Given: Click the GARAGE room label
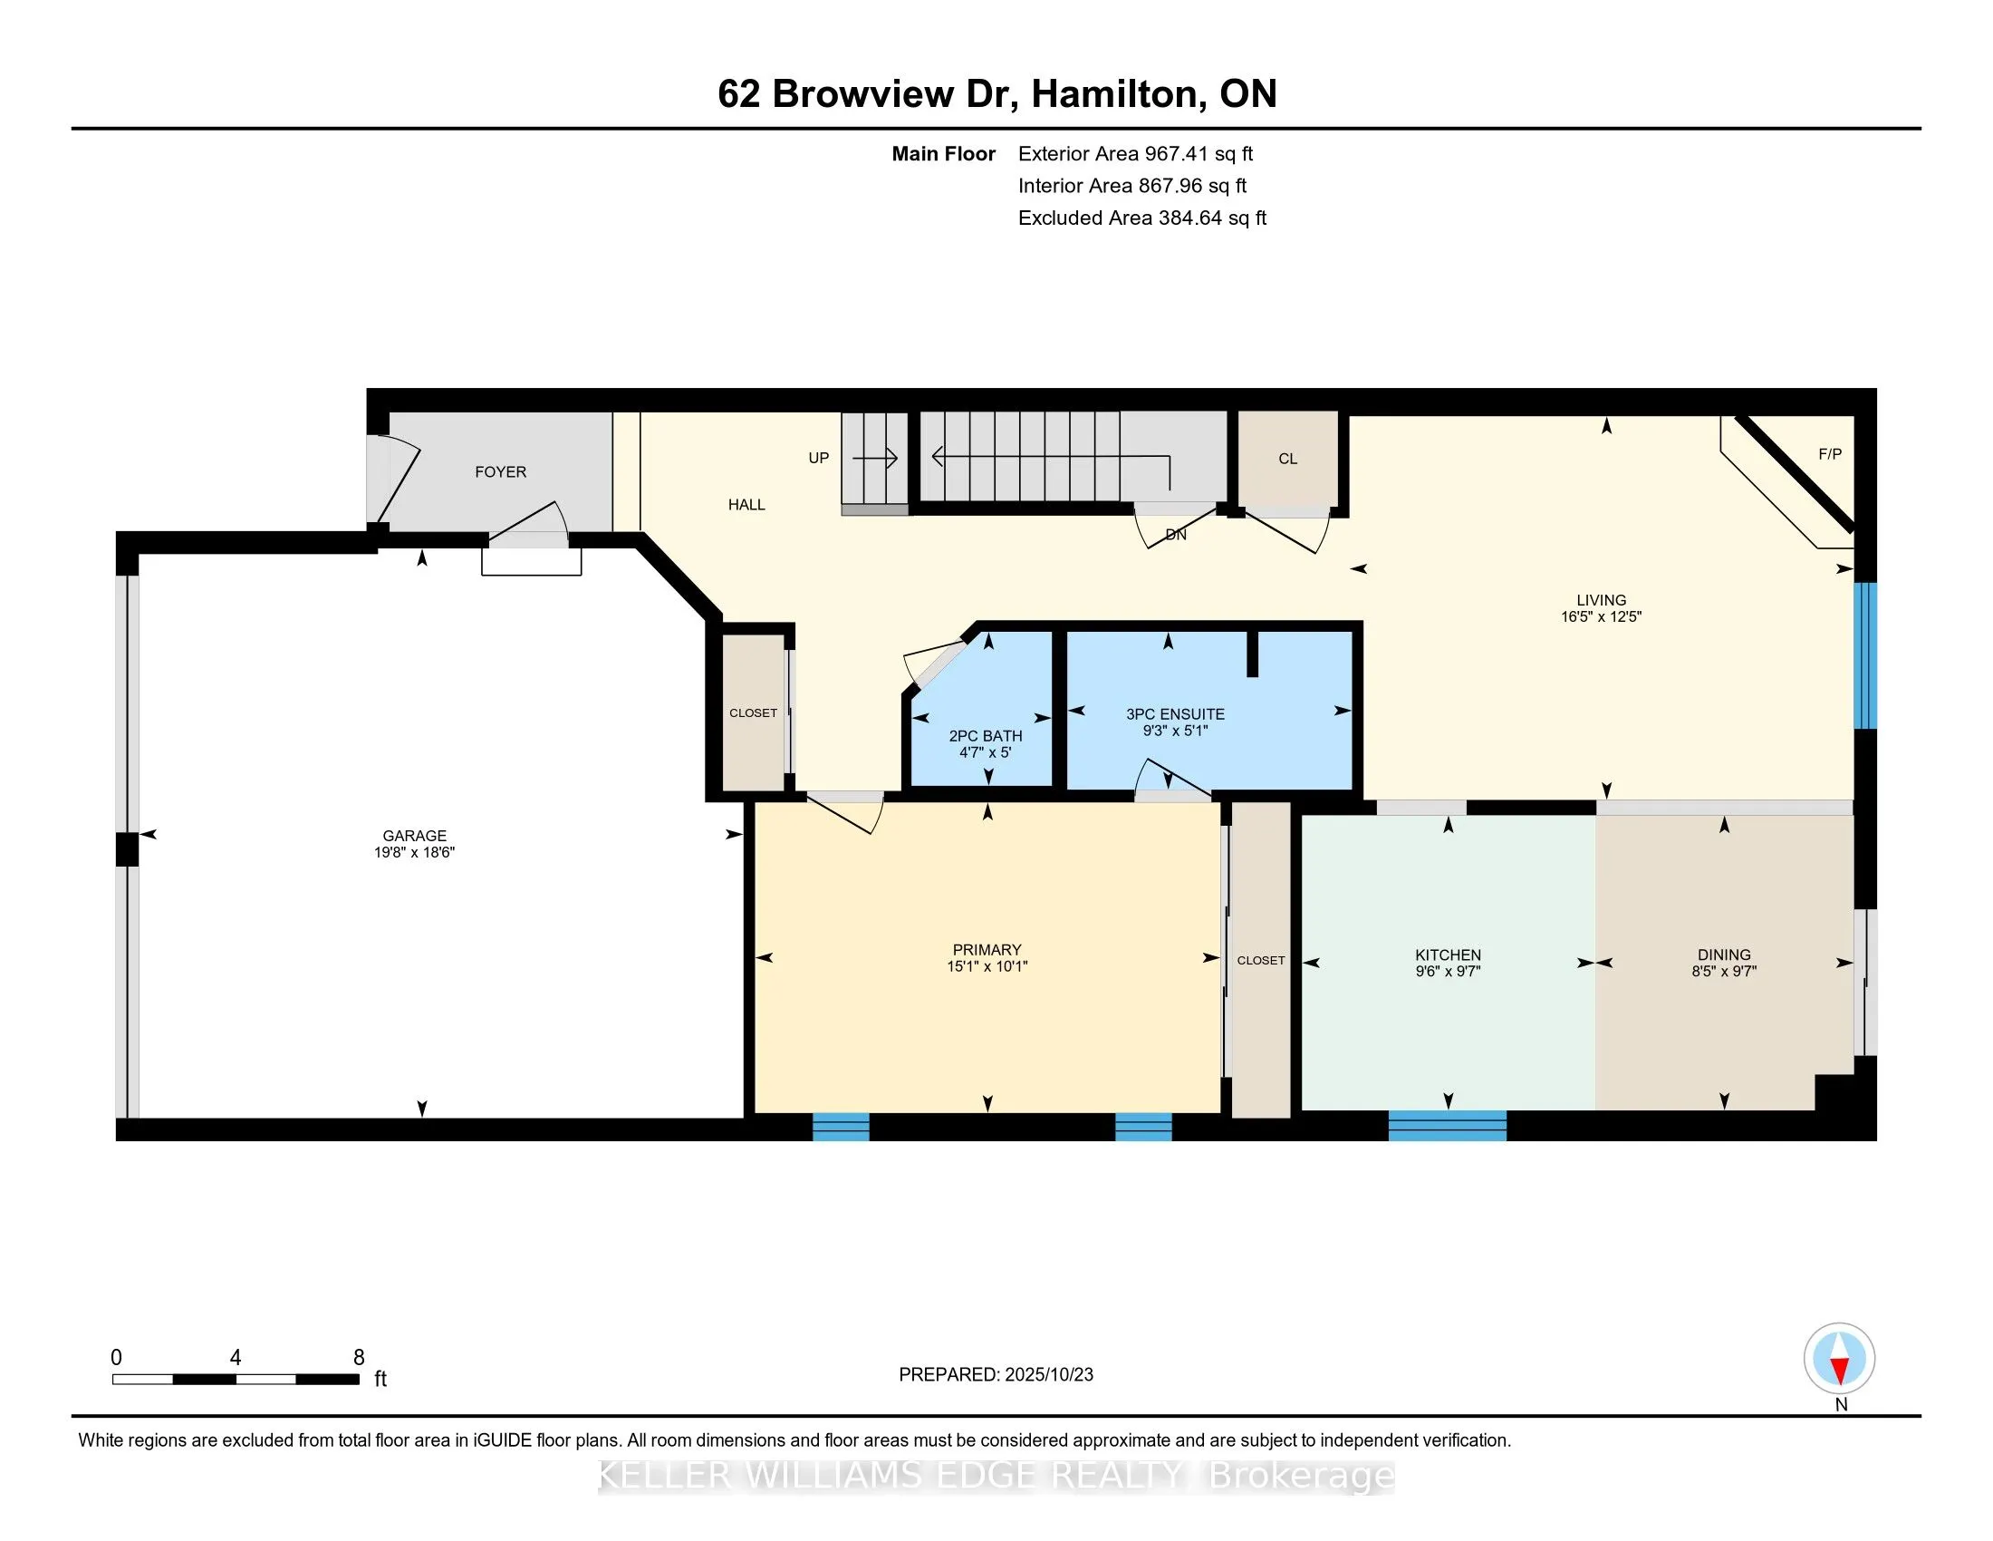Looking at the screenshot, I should [414, 836].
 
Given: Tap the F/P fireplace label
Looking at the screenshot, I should [1830, 454].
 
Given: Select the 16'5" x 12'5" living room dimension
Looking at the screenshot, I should [1601, 617].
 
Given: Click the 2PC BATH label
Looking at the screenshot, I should [985, 736].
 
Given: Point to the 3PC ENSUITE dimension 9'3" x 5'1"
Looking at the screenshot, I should [1174, 731].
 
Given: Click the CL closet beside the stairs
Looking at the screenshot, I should [1287, 460].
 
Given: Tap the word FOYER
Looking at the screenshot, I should [500, 472].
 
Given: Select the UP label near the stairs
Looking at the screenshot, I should [819, 459].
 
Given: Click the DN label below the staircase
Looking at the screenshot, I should [1175, 535].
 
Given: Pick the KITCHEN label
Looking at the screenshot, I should [1448, 955].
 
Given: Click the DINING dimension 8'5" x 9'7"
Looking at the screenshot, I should [1723, 972].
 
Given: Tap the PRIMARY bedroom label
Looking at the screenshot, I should [987, 949].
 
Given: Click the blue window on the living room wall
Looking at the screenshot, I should [1865, 655].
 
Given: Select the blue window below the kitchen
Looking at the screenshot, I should [1447, 1126].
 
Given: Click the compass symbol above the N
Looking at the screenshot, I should [1839, 1359].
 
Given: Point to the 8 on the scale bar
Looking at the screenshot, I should [359, 1358].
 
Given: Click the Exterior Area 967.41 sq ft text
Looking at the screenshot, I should [1135, 154].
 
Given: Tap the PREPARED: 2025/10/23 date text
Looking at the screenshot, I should [996, 1375].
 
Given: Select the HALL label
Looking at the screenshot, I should [746, 505].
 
